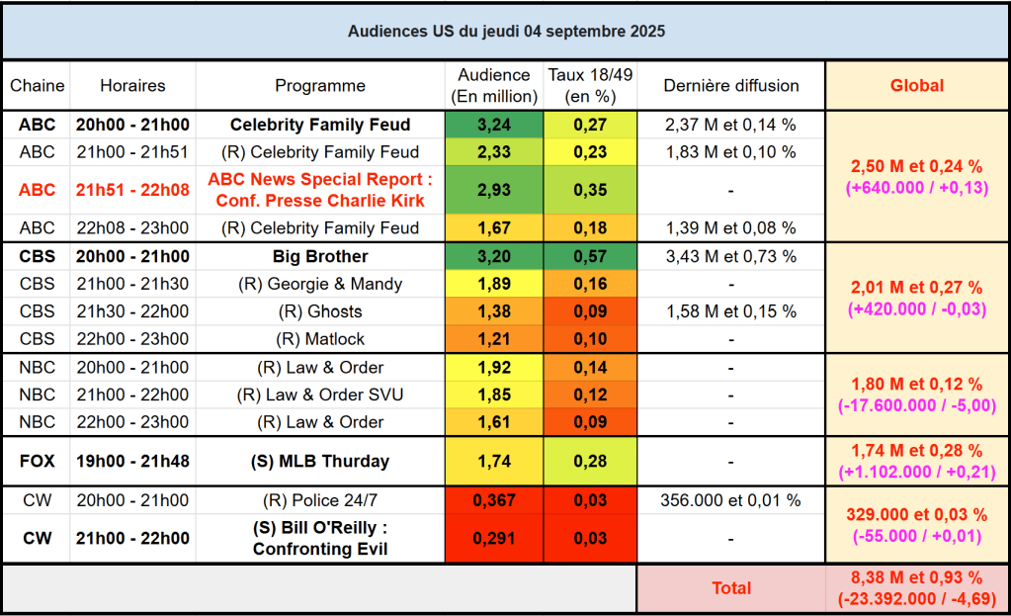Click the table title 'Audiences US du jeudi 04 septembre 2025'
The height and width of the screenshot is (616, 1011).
coord(506,32)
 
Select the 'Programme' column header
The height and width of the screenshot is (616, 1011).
coord(320,86)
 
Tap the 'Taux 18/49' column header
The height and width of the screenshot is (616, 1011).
coord(590,86)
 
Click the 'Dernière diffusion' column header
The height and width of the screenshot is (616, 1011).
coord(731,86)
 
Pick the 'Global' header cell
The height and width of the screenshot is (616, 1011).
coord(917,86)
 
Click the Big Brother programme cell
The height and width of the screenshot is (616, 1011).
coord(320,257)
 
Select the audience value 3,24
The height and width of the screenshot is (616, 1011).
coord(494,126)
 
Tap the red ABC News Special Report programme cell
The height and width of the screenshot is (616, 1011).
coord(320,191)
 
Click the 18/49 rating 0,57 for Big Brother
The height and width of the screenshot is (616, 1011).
coord(590,257)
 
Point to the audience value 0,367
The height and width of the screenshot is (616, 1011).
coord(494,500)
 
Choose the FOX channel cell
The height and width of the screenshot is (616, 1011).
coord(38,462)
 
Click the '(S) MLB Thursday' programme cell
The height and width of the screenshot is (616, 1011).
coord(320,462)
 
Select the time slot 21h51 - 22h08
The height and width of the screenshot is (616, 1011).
coord(132,191)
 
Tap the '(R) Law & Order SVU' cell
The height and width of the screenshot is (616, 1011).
coord(320,396)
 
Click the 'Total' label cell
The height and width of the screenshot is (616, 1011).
coord(731,588)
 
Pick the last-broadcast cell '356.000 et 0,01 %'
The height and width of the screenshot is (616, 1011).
coord(731,500)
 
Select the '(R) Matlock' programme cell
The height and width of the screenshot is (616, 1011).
coord(320,339)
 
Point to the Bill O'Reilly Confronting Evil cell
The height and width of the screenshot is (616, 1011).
coord(320,539)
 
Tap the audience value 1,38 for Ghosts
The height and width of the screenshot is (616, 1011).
coord(494,311)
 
